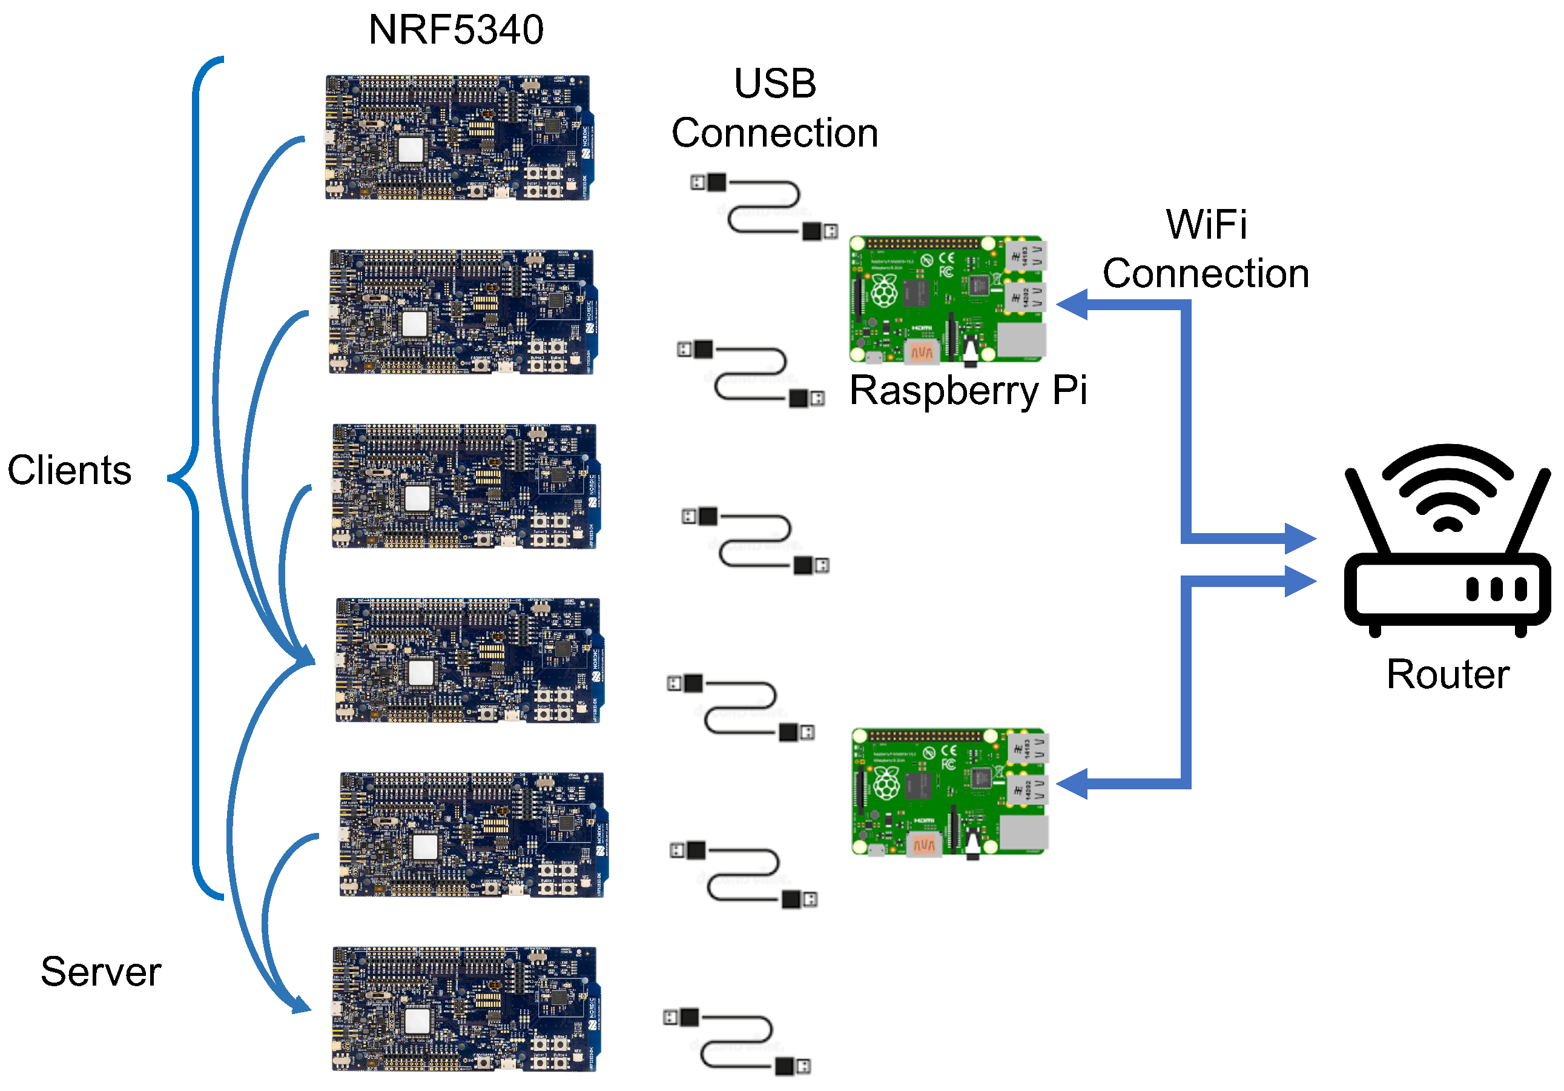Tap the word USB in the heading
[774, 84]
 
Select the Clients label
[70, 470]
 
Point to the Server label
[101, 971]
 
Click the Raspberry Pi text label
[968, 391]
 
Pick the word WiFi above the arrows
[1206, 224]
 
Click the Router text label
[1448, 675]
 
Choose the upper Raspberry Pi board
[948, 299]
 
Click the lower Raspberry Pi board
[949, 791]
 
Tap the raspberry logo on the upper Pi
[884, 291]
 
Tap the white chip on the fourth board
[420, 672]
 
